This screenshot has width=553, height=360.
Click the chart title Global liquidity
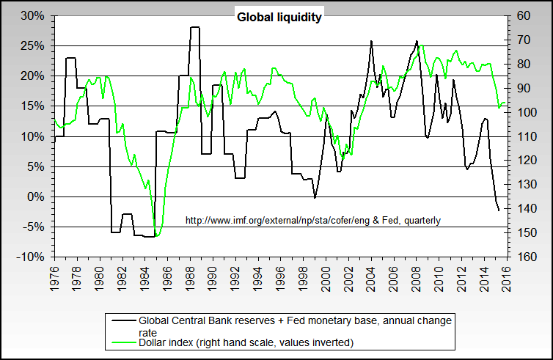(x=279, y=17)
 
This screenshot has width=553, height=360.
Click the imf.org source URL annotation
(x=313, y=220)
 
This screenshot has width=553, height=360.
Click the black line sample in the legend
(x=122, y=320)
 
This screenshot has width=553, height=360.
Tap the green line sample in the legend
(x=122, y=342)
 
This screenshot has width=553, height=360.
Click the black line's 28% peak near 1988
(x=195, y=27)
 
